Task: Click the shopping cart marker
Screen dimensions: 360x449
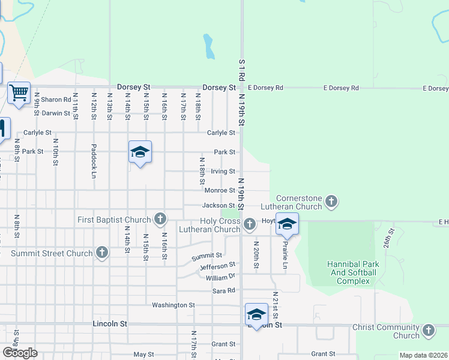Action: click(x=19, y=93)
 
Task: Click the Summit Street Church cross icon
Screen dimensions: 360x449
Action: click(x=101, y=253)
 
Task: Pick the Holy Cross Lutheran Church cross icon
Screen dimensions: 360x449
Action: click(x=250, y=224)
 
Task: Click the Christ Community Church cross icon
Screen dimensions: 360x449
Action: click(x=429, y=331)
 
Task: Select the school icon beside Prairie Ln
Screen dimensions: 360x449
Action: click(x=287, y=224)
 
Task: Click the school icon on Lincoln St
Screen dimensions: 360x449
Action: click(x=256, y=314)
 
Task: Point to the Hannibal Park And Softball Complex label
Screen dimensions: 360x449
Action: click(x=352, y=272)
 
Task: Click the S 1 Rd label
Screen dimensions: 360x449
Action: click(x=242, y=70)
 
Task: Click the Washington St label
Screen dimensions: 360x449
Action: click(x=173, y=305)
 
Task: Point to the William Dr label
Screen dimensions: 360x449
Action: click(x=220, y=278)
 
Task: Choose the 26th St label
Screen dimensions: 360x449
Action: click(x=389, y=238)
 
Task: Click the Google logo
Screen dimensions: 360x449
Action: click(x=19, y=353)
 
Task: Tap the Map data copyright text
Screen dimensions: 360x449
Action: click(x=423, y=355)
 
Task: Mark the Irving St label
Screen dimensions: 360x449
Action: click(x=223, y=172)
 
